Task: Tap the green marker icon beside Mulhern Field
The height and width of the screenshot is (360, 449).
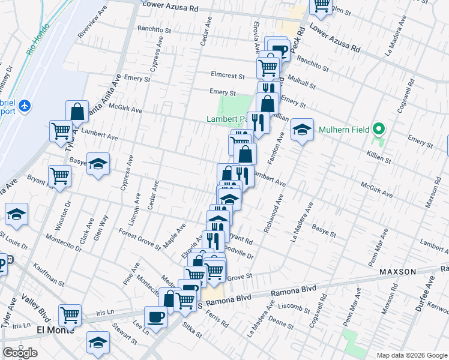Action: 378,129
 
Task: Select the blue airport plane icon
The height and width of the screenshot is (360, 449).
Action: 25,106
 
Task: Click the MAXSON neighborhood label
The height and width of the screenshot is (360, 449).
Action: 398,272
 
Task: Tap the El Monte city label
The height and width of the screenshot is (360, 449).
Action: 54,330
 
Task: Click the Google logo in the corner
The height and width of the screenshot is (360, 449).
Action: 20,353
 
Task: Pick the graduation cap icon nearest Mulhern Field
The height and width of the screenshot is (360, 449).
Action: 302,130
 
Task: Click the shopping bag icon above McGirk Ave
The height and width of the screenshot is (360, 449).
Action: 77,111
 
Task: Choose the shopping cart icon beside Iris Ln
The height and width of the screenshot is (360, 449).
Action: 70,314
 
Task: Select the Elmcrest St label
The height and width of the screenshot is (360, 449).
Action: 228,76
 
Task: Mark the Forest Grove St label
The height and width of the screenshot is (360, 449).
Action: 139,239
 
